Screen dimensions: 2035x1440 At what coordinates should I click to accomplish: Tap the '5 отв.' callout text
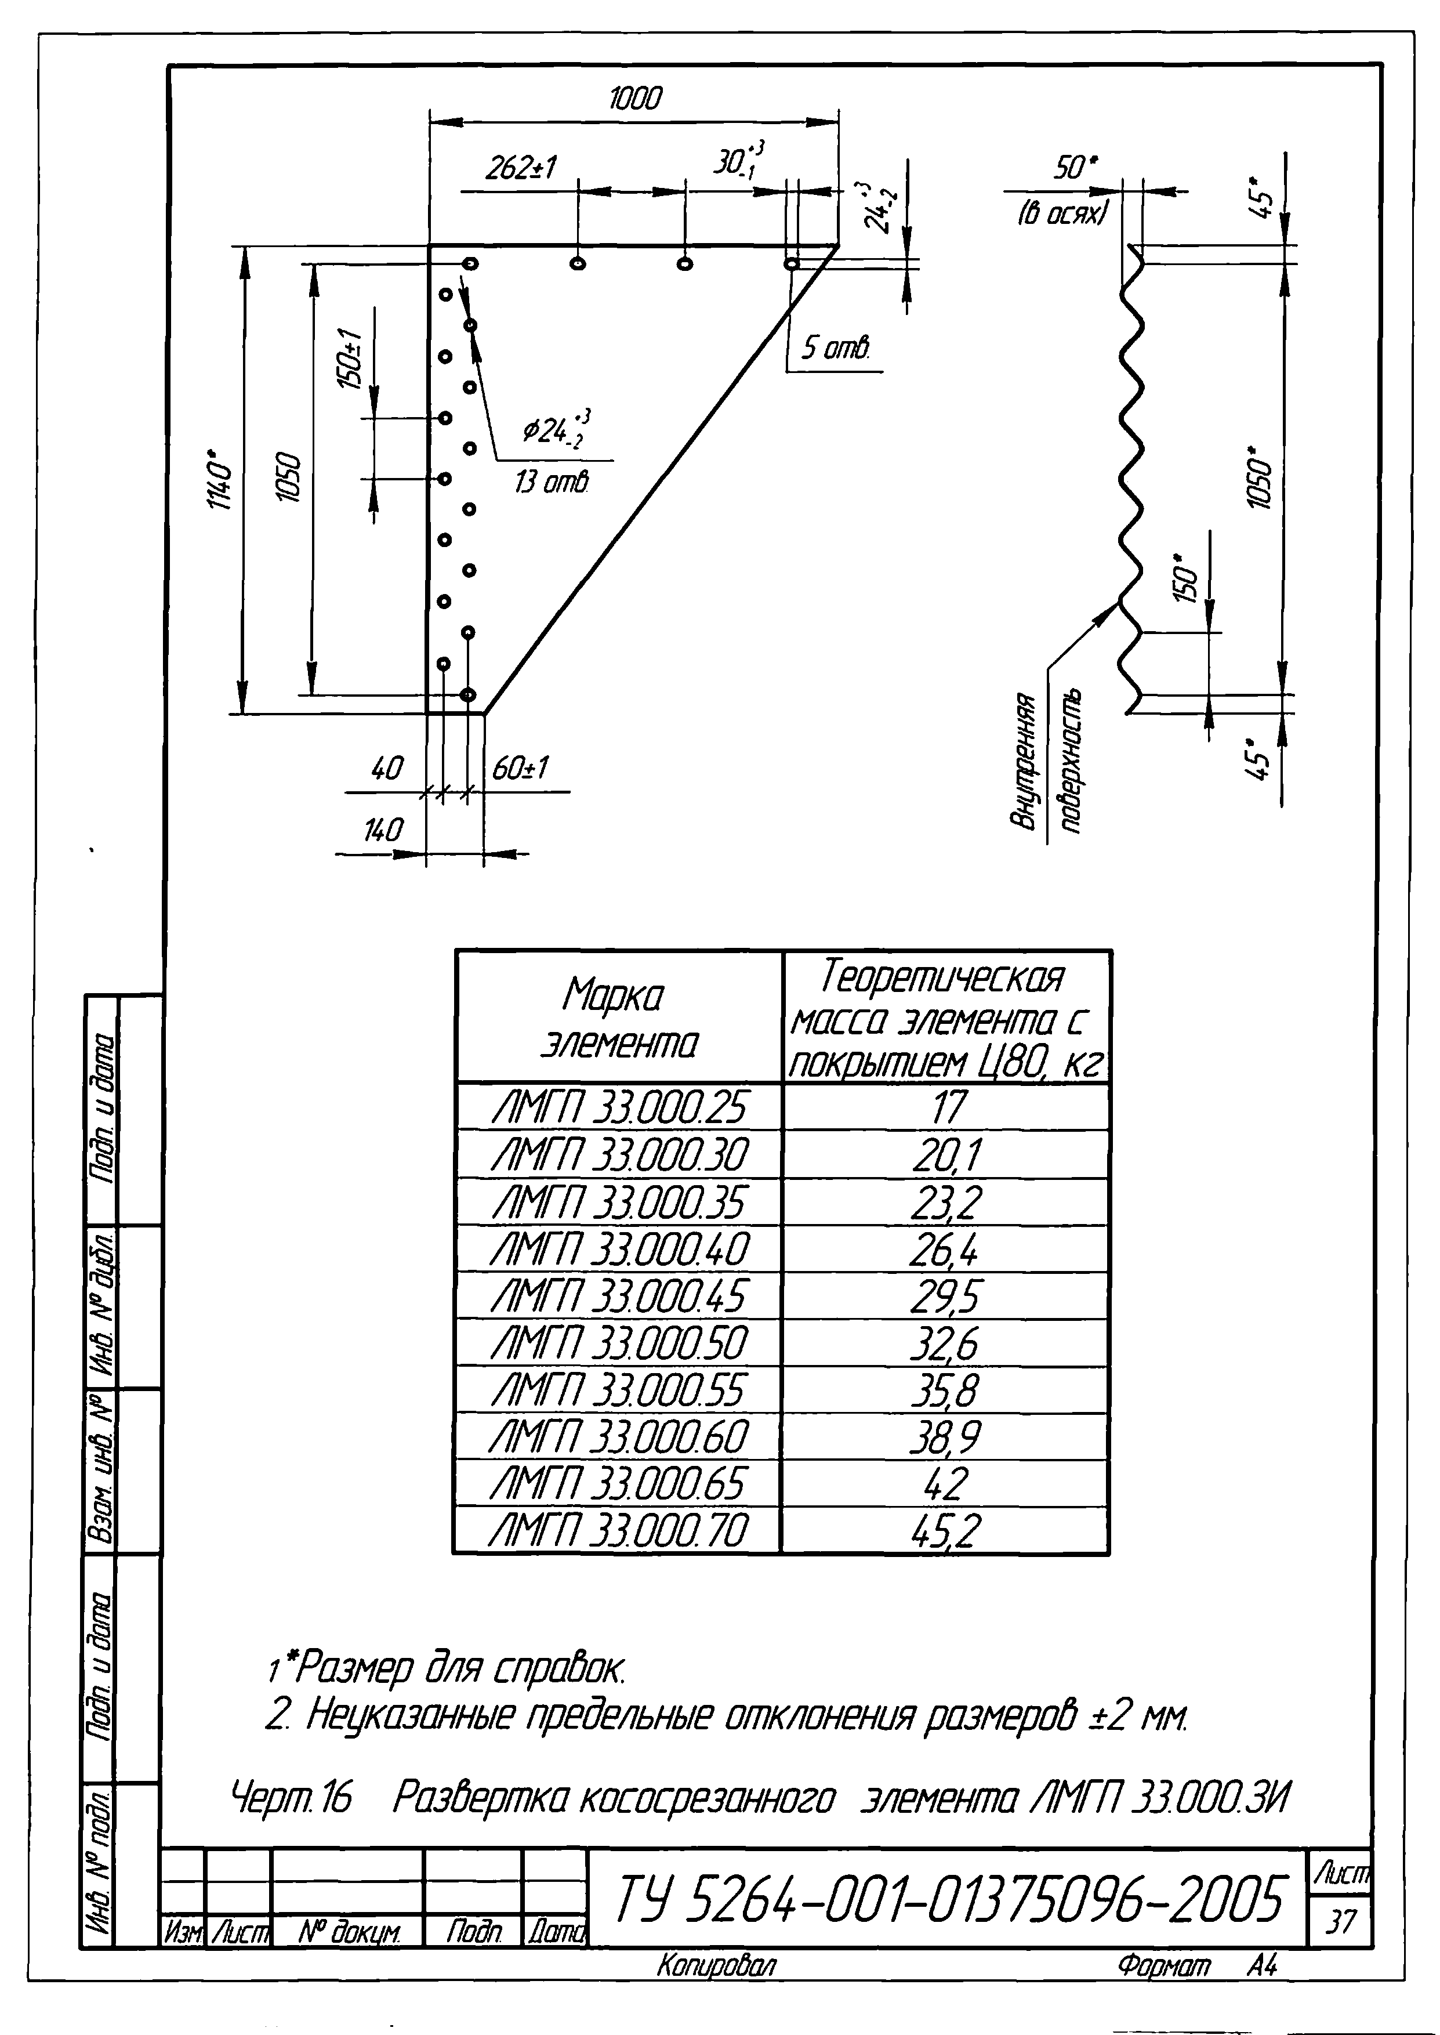tap(835, 349)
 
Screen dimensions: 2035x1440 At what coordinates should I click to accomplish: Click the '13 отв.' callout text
tap(552, 483)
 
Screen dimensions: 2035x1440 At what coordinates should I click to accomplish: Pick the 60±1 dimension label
tap(520, 769)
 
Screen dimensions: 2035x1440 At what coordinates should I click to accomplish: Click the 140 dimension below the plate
tap(383, 831)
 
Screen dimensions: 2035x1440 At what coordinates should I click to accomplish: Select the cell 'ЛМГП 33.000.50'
tap(619, 1344)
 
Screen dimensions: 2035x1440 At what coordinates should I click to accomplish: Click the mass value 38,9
tap(945, 1438)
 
